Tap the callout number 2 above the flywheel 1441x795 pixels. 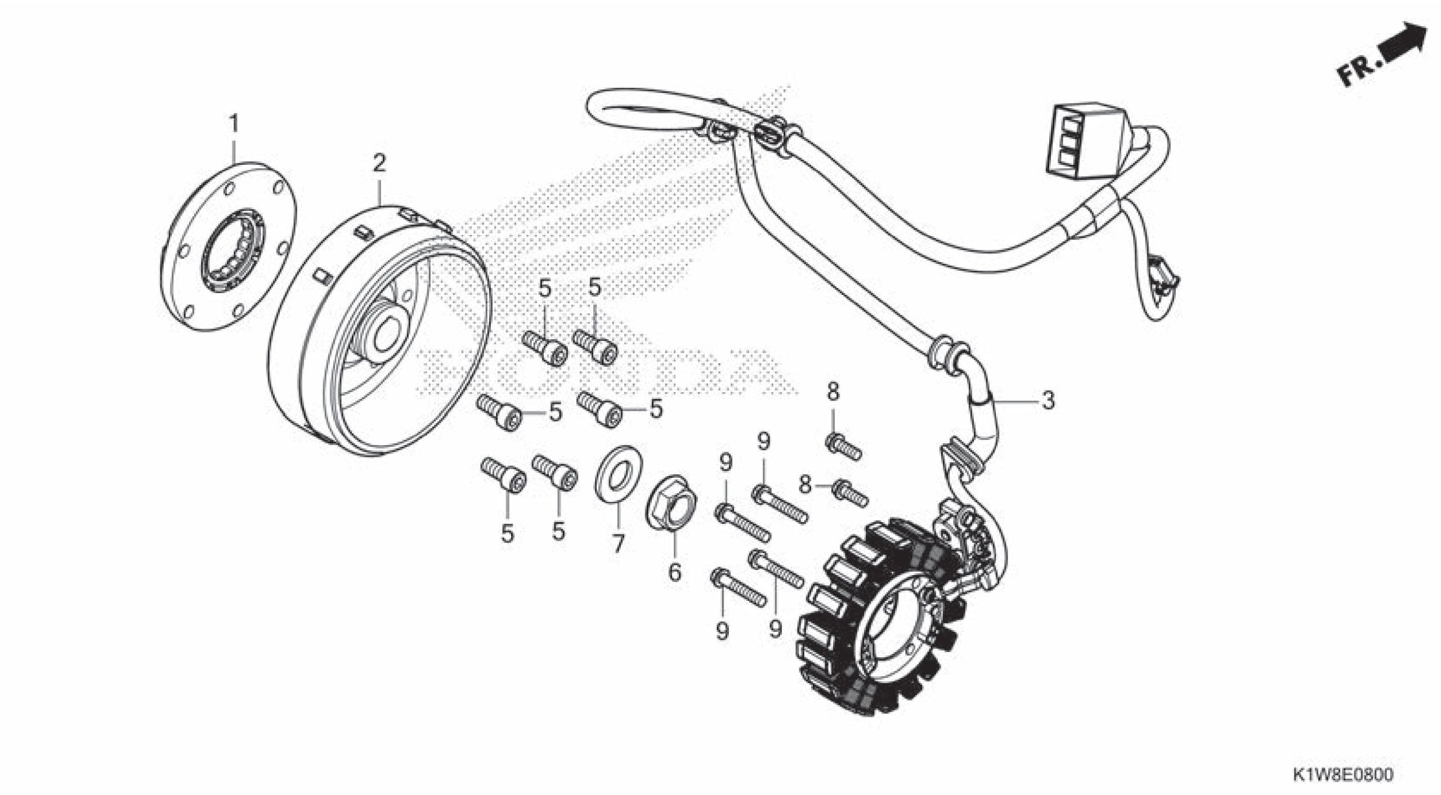coord(379,164)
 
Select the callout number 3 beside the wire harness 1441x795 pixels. coord(1047,401)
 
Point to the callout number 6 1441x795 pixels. coord(674,572)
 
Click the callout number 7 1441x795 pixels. coord(618,544)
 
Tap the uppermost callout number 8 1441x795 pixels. coord(833,392)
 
